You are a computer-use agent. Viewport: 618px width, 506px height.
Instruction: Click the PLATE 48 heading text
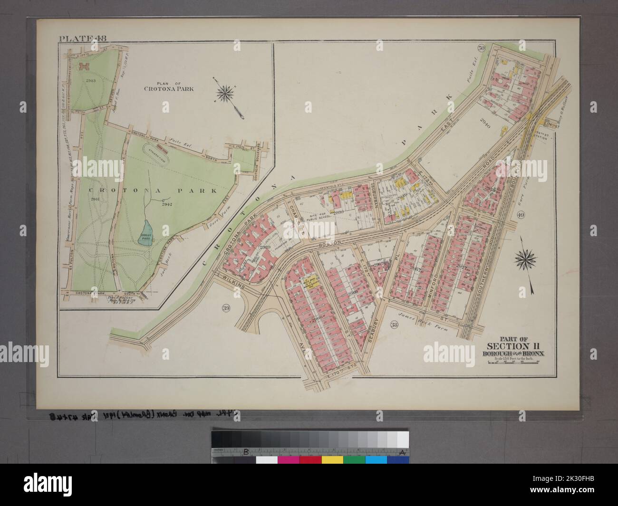77,38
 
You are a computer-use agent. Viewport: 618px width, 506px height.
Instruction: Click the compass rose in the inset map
223,92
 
